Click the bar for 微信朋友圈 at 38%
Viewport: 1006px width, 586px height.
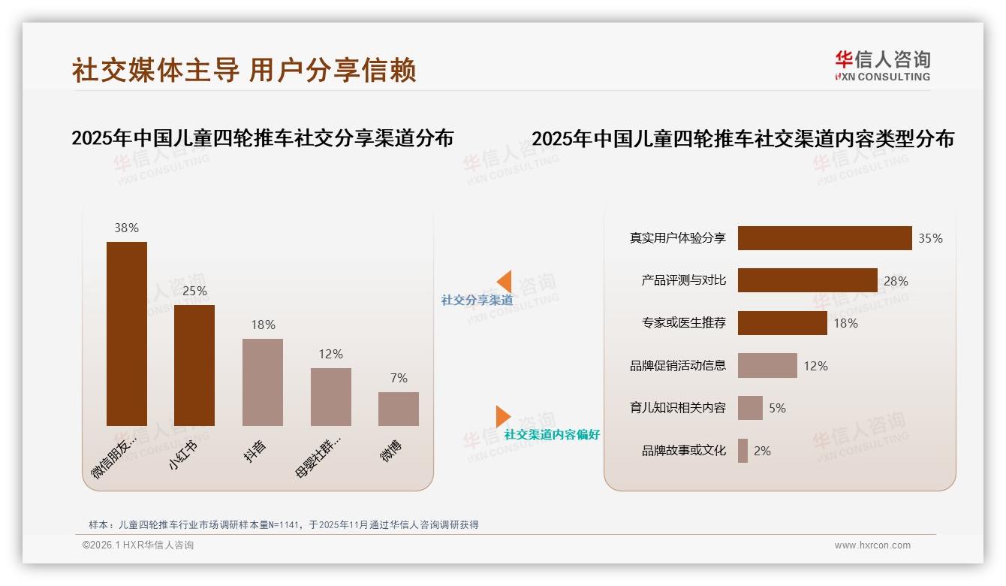coord(127,334)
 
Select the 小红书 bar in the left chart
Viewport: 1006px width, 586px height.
coord(194,365)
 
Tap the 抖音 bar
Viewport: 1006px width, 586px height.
coord(263,382)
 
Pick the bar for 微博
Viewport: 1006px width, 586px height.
coord(399,409)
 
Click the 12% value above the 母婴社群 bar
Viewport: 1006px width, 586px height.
coord(330,354)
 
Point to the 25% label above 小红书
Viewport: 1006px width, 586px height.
coord(194,291)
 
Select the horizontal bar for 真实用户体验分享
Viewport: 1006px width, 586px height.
coord(824,238)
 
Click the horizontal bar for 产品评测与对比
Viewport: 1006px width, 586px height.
coord(807,280)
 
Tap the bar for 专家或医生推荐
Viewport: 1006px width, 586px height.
coord(782,323)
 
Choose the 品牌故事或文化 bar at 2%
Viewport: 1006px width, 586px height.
coord(742,451)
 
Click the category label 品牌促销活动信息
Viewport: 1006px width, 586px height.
coord(678,366)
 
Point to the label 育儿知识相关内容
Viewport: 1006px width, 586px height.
coord(678,408)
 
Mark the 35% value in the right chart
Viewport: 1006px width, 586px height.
coord(930,238)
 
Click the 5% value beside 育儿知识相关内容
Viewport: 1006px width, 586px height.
coord(777,408)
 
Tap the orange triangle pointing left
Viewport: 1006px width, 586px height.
coord(505,282)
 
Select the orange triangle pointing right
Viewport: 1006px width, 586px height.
coord(502,416)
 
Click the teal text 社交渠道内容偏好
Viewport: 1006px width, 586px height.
coord(552,435)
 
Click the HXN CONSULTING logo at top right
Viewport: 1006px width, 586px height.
coord(882,66)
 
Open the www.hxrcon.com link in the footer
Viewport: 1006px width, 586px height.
coord(872,545)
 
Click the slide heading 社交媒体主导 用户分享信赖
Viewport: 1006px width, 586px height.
coord(244,70)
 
